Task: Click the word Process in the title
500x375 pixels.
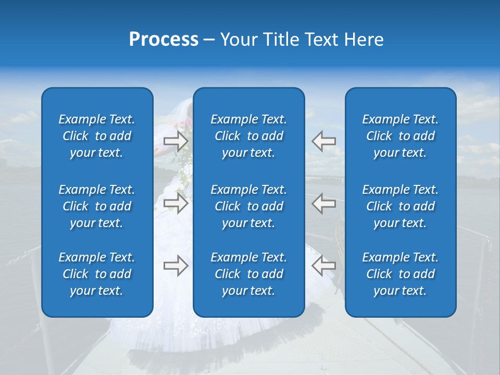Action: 164,40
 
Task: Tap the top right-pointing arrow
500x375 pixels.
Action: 176,140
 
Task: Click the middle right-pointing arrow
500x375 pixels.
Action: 176,203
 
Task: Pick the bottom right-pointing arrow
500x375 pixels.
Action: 176,266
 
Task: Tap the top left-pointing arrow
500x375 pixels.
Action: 323,140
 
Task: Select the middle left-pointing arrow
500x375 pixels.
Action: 323,203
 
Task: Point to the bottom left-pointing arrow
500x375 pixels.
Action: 323,266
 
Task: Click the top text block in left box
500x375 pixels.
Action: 97,136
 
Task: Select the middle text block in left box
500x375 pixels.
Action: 97,206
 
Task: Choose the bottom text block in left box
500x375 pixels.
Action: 97,274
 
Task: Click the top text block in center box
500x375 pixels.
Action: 249,136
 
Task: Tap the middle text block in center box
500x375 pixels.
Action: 249,206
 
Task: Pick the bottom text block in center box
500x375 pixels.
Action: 249,274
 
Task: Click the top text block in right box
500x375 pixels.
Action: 401,136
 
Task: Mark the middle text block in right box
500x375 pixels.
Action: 401,206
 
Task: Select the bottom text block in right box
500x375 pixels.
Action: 401,274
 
